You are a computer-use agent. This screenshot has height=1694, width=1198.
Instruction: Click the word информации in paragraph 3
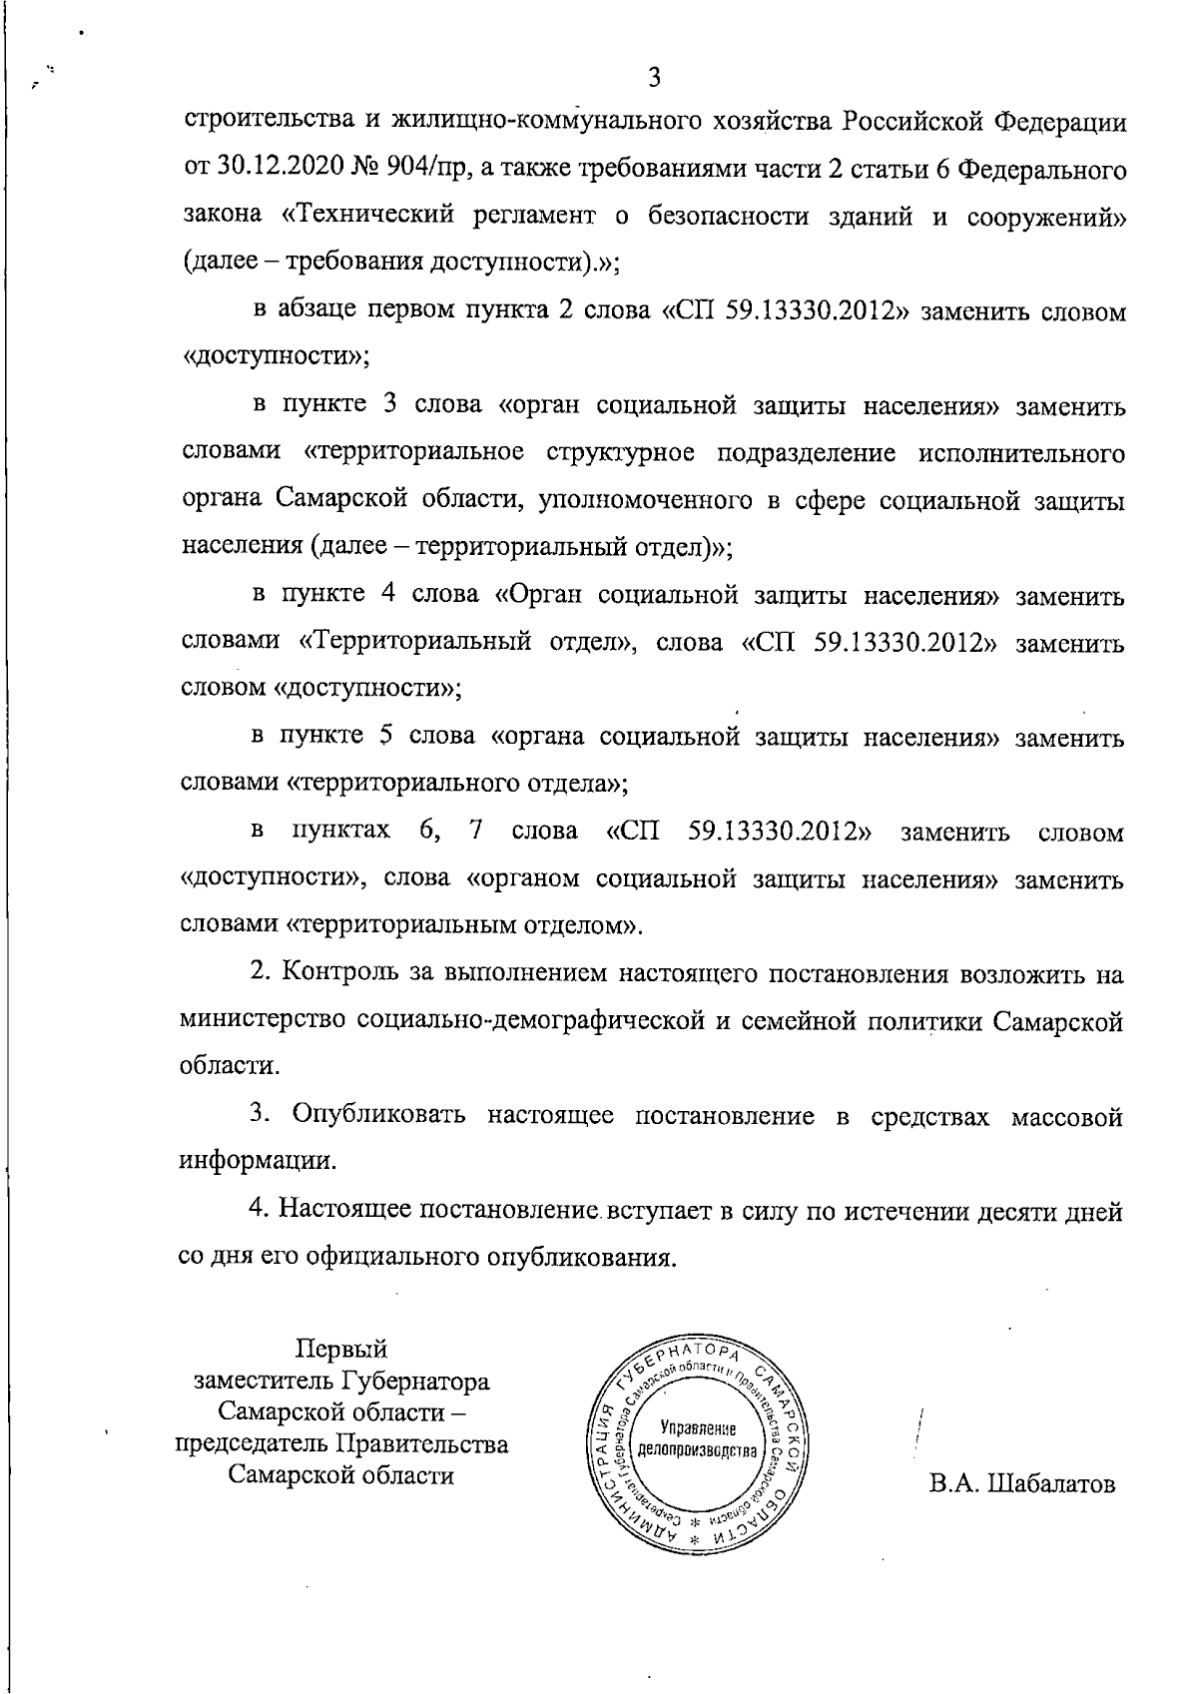(x=257, y=1162)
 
